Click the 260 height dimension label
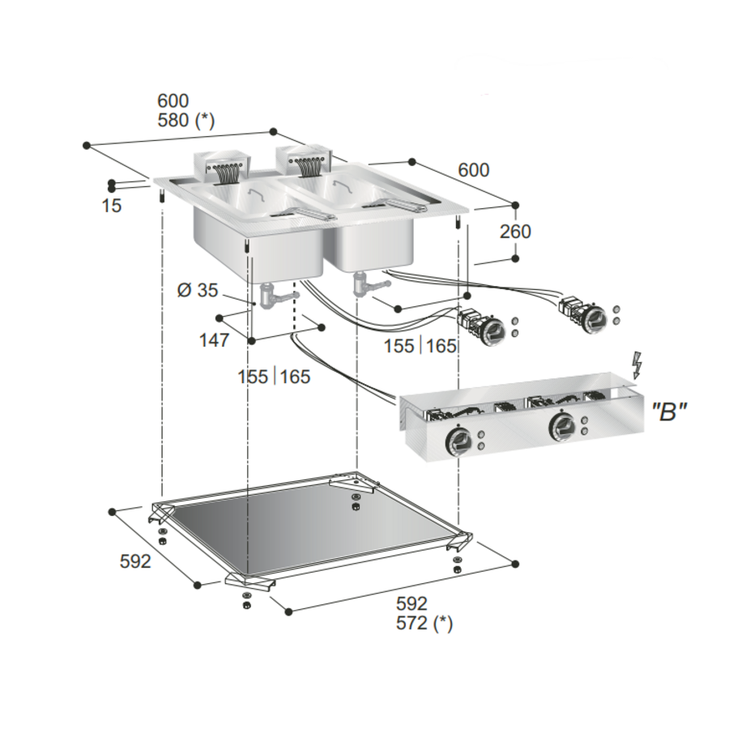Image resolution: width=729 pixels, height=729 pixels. point(515,232)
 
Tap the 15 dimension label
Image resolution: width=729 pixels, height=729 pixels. point(112,206)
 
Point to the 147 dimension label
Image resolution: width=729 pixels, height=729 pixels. point(214,340)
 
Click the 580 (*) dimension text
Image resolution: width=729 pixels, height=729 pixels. point(185,121)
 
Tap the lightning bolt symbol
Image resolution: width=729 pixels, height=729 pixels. point(637,365)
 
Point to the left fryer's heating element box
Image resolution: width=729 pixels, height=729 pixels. point(224,165)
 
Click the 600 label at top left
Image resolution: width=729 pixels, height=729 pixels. point(173,100)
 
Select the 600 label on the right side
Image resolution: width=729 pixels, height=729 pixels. point(474,170)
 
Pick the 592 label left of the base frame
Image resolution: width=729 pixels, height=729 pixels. point(134,561)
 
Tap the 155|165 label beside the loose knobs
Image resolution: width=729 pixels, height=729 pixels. point(420,347)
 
